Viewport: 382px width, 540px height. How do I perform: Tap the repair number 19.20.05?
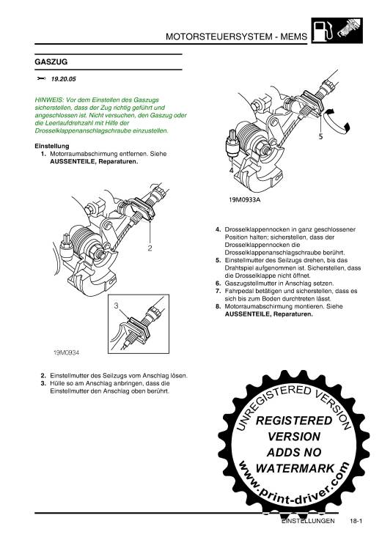click(x=64, y=79)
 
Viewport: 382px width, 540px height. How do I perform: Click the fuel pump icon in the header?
click(x=323, y=31)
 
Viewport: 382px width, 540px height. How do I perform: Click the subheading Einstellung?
click(x=52, y=146)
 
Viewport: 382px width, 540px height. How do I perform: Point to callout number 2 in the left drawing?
click(x=150, y=248)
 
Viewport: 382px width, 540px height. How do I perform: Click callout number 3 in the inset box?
click(x=116, y=306)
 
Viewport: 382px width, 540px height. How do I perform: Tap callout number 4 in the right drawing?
click(x=231, y=171)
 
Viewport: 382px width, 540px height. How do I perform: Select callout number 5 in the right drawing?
click(x=320, y=137)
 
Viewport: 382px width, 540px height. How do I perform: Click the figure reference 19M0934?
click(x=66, y=352)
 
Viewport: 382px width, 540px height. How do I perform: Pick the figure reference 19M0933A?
click(x=244, y=199)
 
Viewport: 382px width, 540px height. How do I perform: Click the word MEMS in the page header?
click(x=293, y=37)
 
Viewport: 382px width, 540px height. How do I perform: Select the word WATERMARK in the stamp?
click(x=295, y=468)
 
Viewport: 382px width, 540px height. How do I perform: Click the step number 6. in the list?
click(x=218, y=284)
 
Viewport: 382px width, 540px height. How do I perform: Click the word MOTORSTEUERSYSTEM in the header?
click(x=219, y=37)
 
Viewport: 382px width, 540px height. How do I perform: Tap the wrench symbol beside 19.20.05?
click(x=41, y=78)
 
